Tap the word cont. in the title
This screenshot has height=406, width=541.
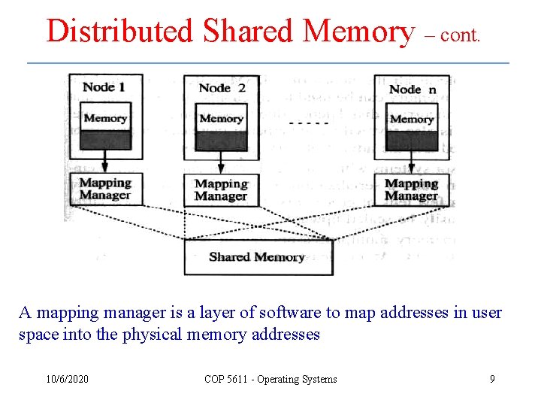click(x=460, y=35)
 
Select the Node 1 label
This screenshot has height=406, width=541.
click(x=104, y=86)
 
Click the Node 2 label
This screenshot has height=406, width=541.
click(x=222, y=88)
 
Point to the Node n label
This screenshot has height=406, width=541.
click(x=413, y=89)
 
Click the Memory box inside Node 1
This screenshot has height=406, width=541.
click(x=105, y=118)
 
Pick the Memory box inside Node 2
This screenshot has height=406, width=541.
click(x=221, y=119)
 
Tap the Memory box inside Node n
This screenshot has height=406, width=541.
click(x=412, y=120)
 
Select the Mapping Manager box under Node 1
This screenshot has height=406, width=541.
click(x=105, y=189)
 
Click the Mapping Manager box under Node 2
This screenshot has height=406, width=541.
click(x=221, y=190)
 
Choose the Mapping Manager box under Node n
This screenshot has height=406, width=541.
click(x=412, y=189)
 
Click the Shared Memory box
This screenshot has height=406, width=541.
click(x=258, y=257)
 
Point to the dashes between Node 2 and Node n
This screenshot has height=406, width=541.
click(x=309, y=122)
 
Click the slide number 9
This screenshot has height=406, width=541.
click(x=492, y=379)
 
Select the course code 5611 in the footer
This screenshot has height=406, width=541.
click(x=238, y=379)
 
